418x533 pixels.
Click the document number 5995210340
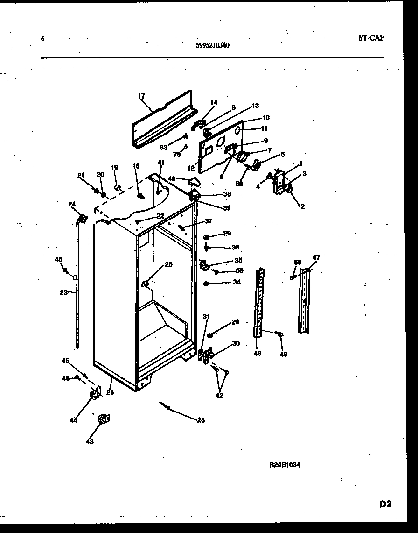(212, 45)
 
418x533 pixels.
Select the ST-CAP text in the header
(371, 38)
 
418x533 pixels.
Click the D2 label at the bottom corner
(385, 504)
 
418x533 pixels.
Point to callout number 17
(141, 96)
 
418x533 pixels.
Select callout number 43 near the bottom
(90, 441)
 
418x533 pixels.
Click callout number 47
(316, 257)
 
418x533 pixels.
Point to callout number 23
(64, 293)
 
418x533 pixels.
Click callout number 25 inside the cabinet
(168, 265)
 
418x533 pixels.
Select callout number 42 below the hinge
(219, 396)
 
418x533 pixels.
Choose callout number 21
(80, 175)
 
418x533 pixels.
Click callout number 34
(237, 282)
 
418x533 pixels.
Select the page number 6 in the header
(42, 39)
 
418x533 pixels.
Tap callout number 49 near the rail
(284, 354)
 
